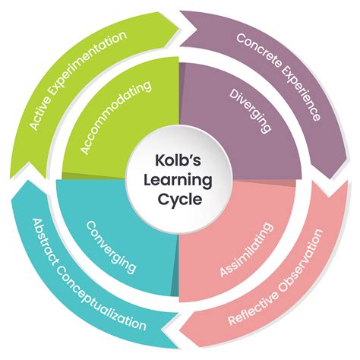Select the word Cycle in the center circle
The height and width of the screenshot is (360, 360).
tap(180, 201)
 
